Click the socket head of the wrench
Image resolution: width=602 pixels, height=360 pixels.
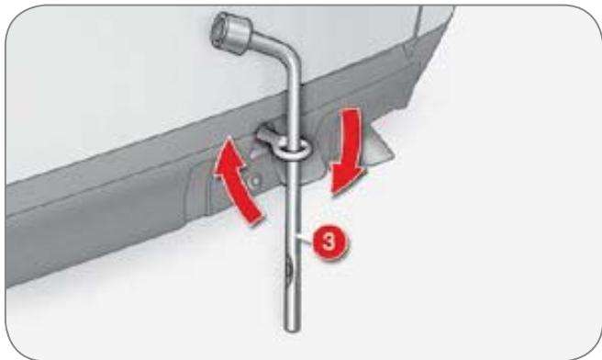tap(231, 32)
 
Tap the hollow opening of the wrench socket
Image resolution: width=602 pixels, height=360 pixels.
tap(220, 26)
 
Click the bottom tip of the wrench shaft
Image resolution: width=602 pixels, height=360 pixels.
tap(292, 328)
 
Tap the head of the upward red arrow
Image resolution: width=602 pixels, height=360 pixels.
tap(229, 158)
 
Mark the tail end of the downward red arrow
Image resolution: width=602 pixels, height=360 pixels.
tap(351, 112)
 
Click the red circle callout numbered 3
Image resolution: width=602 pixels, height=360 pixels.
tap(329, 242)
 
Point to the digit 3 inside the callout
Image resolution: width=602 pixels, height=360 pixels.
tap(329, 242)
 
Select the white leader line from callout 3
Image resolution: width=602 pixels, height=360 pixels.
tap(307, 239)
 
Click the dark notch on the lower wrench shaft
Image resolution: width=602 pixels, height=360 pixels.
tap(289, 266)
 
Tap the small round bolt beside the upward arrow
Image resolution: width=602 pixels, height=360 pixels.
tap(255, 181)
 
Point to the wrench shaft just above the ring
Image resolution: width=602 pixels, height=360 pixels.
tap(294, 116)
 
